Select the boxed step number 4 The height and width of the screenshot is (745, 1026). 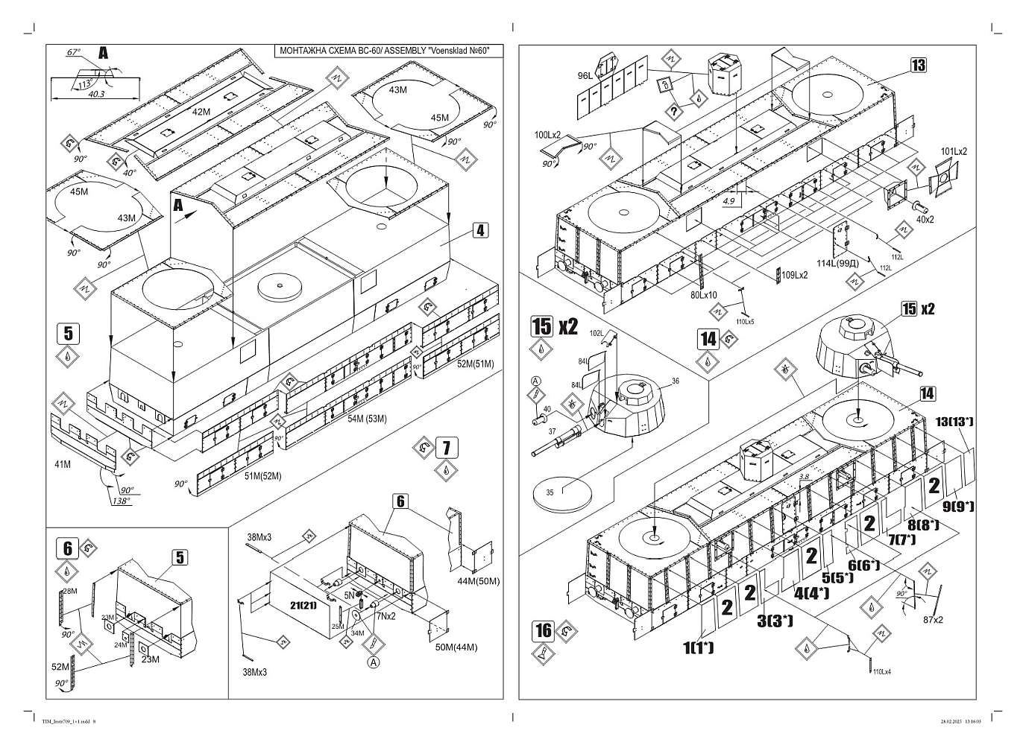480,230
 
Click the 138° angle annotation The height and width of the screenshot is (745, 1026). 120,501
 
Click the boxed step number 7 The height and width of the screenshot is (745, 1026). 446,448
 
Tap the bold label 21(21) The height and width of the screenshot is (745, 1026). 303,605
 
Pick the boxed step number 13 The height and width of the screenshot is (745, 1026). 918,65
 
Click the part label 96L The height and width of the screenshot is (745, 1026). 584,75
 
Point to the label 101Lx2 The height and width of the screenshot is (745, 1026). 954,151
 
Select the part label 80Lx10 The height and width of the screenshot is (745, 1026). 702,295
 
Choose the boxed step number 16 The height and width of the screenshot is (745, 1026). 544,630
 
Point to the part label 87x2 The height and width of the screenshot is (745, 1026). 933,619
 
